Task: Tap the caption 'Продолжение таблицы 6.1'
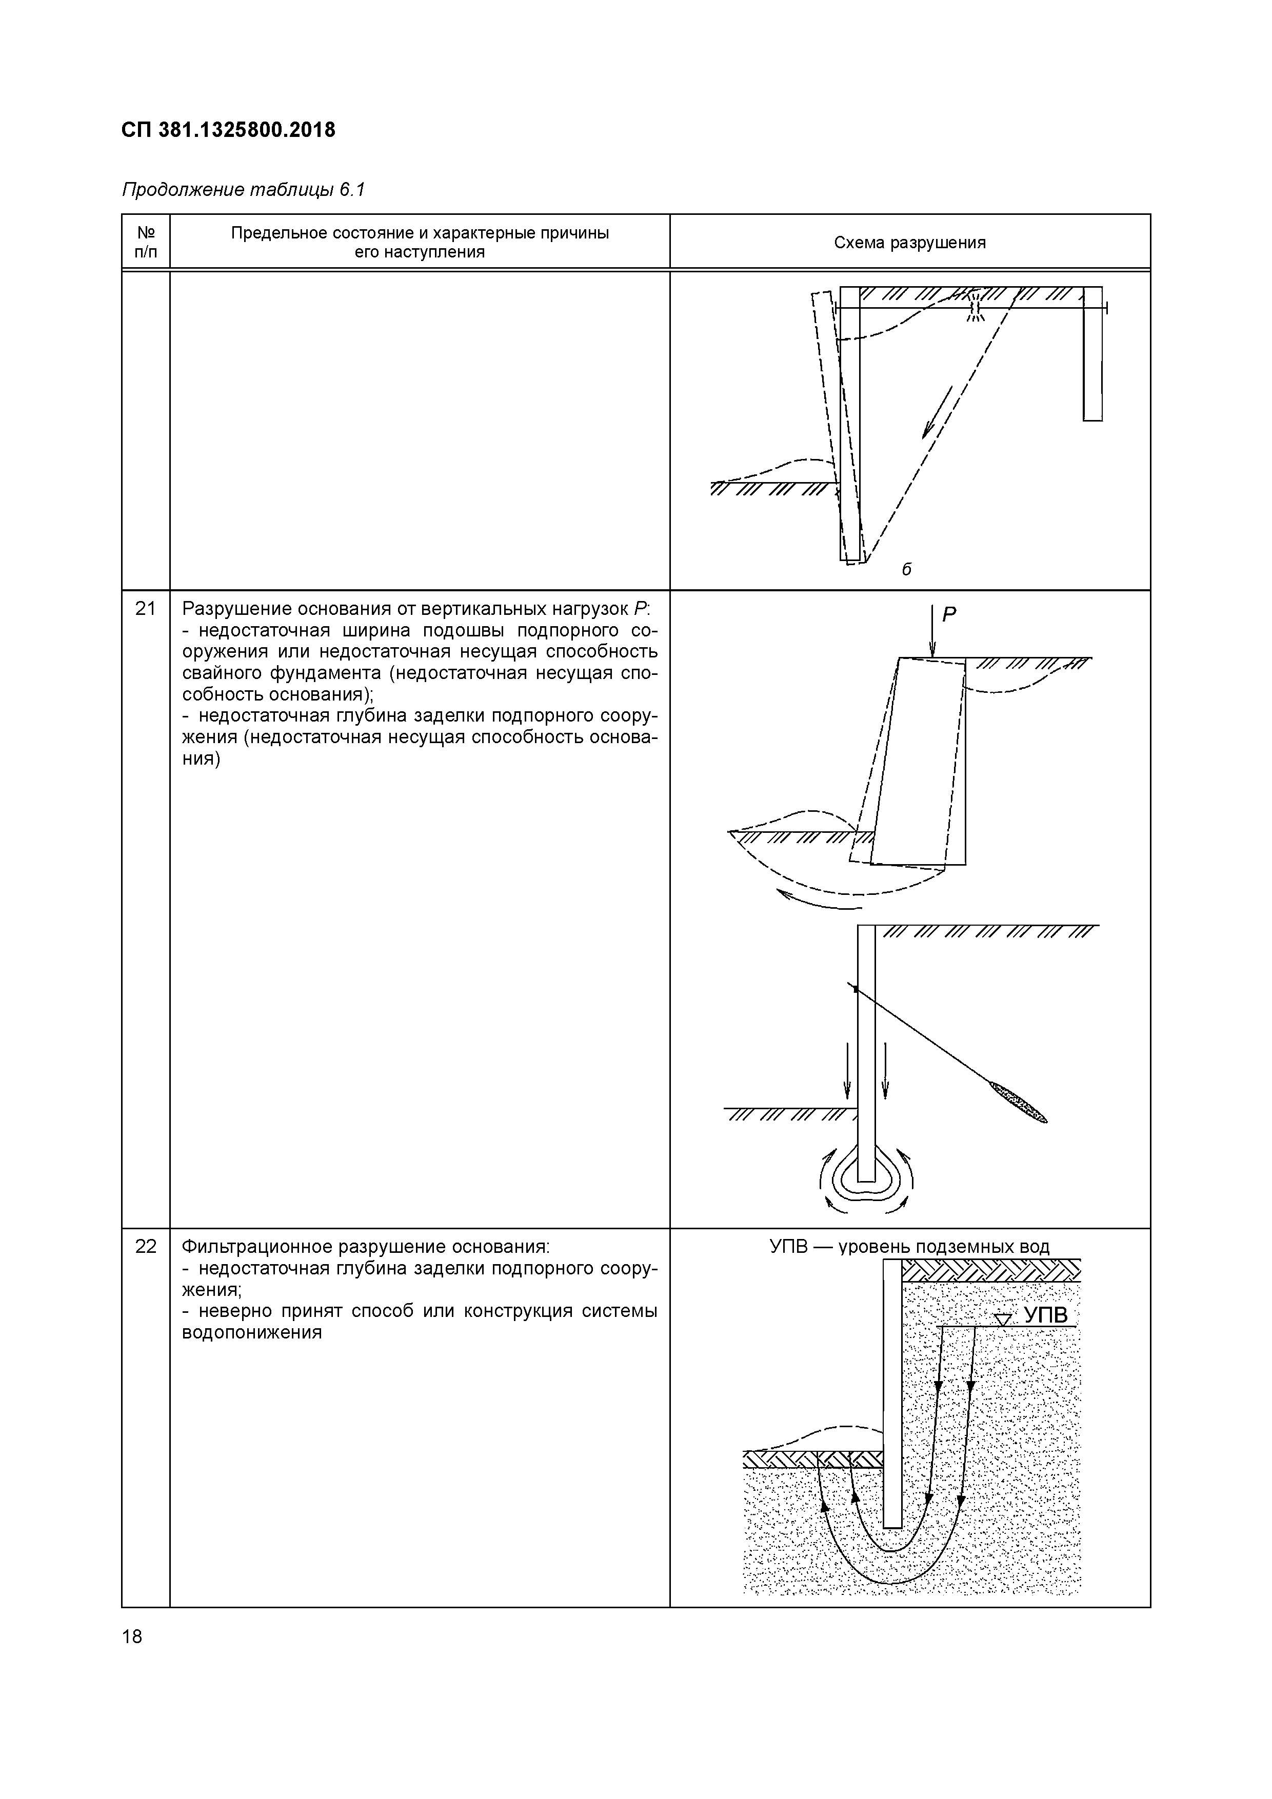[x=243, y=190]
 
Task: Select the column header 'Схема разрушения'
[x=909, y=243]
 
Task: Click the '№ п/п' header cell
[x=146, y=242]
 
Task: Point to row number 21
[x=146, y=609]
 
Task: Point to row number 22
[x=146, y=1247]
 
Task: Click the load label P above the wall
[x=949, y=615]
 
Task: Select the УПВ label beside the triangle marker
[x=1046, y=1315]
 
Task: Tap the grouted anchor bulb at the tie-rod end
[x=1018, y=1103]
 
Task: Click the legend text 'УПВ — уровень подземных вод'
[x=909, y=1247]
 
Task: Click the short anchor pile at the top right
[x=1092, y=356]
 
